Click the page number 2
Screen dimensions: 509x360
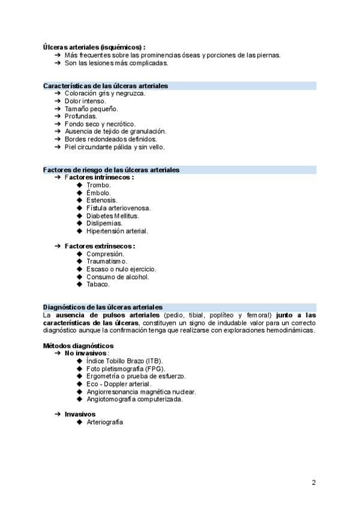click(x=314, y=482)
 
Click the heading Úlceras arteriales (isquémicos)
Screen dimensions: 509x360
click(x=94, y=47)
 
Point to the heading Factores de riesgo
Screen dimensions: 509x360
click(x=111, y=170)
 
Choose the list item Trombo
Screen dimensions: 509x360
click(x=98, y=185)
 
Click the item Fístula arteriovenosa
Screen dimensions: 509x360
click(x=118, y=208)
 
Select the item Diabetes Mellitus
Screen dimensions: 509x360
click(x=112, y=215)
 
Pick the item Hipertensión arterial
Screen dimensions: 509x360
click(x=116, y=230)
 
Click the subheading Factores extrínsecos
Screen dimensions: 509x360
click(x=100, y=246)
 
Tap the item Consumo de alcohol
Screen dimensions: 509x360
click(x=118, y=277)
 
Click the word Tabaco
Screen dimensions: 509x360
click(x=98, y=285)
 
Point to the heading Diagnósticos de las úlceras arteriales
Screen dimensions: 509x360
click(x=103, y=307)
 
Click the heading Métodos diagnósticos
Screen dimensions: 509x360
click(x=78, y=346)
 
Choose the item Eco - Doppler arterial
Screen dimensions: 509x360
click(x=118, y=384)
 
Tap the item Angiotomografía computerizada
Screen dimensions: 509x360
click(x=134, y=399)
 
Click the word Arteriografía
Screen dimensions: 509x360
click(x=104, y=422)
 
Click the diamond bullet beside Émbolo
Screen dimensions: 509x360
click(x=79, y=193)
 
